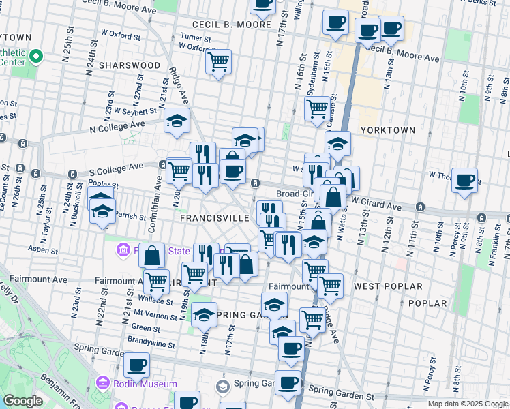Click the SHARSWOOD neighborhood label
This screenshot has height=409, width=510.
tap(130, 65)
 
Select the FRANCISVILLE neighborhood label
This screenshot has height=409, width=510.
tap(215, 218)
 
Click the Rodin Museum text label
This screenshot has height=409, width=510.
tap(145, 384)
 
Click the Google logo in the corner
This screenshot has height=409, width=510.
tap(22, 401)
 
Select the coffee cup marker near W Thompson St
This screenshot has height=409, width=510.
tap(464, 181)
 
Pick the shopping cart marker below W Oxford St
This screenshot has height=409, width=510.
tap(218, 62)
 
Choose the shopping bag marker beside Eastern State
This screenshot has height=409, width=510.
tap(152, 256)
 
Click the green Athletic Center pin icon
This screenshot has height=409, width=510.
tap(38, 56)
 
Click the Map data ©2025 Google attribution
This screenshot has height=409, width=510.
tap(468, 404)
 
